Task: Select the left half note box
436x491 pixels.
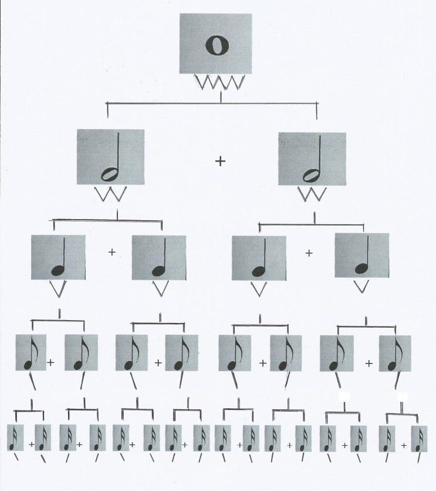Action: [110, 157]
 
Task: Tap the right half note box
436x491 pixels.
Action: [312, 159]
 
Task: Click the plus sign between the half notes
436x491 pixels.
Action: [220, 161]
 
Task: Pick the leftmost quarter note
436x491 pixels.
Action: [58, 258]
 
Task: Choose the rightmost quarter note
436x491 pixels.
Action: [361, 255]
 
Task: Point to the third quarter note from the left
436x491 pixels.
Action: [259, 258]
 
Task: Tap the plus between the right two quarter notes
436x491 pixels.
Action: [309, 253]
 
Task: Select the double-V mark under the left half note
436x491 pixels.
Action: [111, 194]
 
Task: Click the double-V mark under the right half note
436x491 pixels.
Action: [312, 194]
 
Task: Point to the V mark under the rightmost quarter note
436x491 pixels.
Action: [362, 286]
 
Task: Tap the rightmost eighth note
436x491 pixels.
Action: [394, 352]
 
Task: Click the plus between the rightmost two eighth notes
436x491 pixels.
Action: [369, 364]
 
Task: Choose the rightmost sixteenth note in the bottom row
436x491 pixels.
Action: [419, 439]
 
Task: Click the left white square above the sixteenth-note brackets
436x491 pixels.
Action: [344, 397]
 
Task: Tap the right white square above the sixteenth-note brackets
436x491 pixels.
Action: [402, 397]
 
